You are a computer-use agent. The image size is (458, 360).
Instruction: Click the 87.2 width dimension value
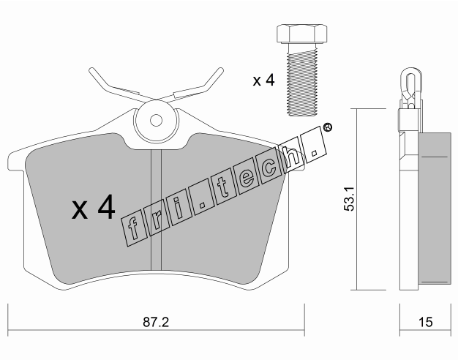156,322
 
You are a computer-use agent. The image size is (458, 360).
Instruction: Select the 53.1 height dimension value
349,199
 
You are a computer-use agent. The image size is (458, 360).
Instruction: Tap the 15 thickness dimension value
425,322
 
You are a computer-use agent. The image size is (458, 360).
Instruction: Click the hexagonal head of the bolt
301,34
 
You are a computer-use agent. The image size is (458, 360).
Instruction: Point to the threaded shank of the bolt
302,80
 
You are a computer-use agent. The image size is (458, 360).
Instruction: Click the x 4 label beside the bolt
264,80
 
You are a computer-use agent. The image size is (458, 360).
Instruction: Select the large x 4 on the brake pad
94,207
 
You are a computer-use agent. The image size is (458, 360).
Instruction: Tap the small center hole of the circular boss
156,120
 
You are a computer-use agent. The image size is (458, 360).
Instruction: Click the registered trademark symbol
328,127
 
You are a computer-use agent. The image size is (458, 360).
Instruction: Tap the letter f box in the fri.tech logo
134,229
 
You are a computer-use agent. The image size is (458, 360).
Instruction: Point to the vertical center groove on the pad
156,209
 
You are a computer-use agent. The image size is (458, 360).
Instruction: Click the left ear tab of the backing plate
16,161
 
